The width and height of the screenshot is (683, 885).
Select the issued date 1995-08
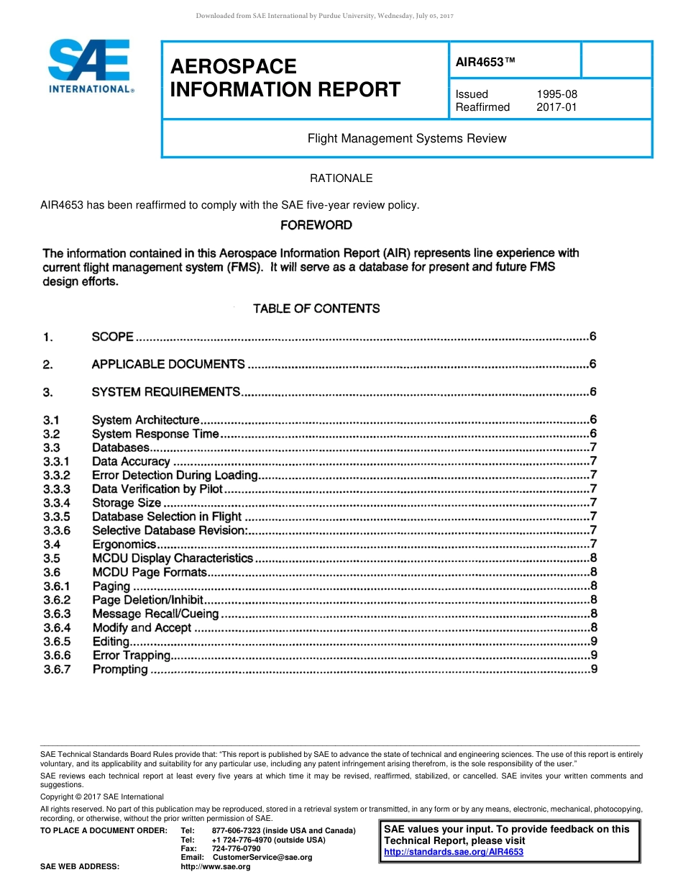(x=556, y=94)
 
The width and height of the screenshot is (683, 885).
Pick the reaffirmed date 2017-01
(x=556, y=107)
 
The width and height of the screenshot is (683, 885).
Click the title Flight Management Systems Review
(x=407, y=138)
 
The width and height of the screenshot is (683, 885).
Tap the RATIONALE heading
(x=341, y=178)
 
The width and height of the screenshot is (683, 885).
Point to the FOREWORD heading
(x=316, y=225)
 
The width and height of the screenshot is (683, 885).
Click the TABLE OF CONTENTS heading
(x=316, y=309)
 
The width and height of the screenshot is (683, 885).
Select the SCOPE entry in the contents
(x=113, y=337)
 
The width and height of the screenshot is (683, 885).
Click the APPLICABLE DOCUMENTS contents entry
(x=168, y=364)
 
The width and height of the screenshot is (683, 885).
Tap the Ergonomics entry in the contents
(x=124, y=544)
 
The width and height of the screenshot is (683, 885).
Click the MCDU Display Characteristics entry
(x=173, y=558)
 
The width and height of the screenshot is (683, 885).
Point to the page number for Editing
(x=593, y=641)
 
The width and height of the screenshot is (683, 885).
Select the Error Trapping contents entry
(x=132, y=655)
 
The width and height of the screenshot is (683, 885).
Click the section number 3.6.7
(x=57, y=669)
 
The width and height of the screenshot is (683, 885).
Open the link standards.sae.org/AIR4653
(x=454, y=852)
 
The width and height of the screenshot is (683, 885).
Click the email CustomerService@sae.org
(x=262, y=857)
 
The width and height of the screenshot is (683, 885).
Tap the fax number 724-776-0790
(x=236, y=848)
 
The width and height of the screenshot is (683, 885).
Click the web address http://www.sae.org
(x=216, y=866)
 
